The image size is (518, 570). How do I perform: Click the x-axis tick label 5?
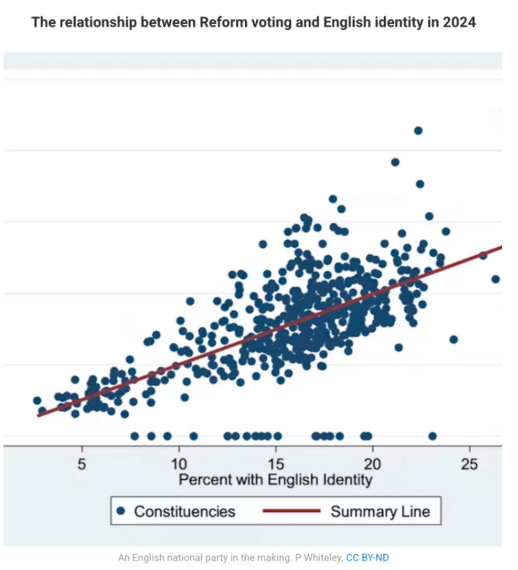point(82,465)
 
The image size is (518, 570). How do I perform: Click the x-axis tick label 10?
point(179,465)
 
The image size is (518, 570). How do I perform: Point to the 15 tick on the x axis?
point(276,465)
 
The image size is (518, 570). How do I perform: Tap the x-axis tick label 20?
point(373,465)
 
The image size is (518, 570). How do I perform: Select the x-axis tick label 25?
point(469,465)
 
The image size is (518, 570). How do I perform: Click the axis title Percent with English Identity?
point(275,480)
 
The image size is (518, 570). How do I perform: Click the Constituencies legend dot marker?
point(121,511)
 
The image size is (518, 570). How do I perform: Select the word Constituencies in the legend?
point(184,511)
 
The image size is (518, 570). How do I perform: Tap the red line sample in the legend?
point(291,511)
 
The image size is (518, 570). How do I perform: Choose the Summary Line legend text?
point(380,511)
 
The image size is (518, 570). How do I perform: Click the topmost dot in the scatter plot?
point(418,130)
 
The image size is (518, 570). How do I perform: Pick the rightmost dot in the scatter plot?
point(495,279)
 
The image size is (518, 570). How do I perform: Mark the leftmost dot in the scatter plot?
point(37,400)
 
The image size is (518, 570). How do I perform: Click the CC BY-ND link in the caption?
point(367,557)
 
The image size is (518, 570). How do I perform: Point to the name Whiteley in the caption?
point(323,557)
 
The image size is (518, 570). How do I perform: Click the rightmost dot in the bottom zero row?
point(432,436)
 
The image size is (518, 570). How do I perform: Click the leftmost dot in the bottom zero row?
point(134,436)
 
